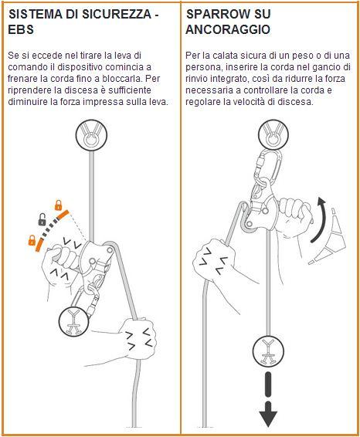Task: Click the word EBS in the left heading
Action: [21, 29]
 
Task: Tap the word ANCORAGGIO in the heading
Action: [228, 29]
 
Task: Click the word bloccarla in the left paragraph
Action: [125, 79]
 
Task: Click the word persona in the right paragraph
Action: [204, 68]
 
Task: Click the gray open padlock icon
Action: [42, 219]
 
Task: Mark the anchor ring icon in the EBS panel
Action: [91, 135]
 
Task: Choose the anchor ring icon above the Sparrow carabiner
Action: [273, 134]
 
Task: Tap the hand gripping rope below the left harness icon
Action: [139, 338]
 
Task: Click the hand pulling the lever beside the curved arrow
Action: [294, 217]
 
